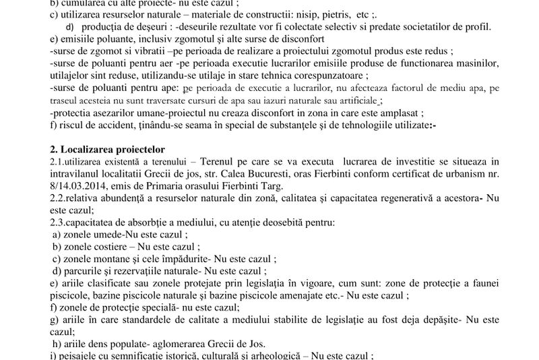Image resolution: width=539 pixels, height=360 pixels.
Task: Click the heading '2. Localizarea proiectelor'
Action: point(108,148)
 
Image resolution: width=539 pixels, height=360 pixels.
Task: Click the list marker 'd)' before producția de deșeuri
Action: point(70,26)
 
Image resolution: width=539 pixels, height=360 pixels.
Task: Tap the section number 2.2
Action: point(59,200)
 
